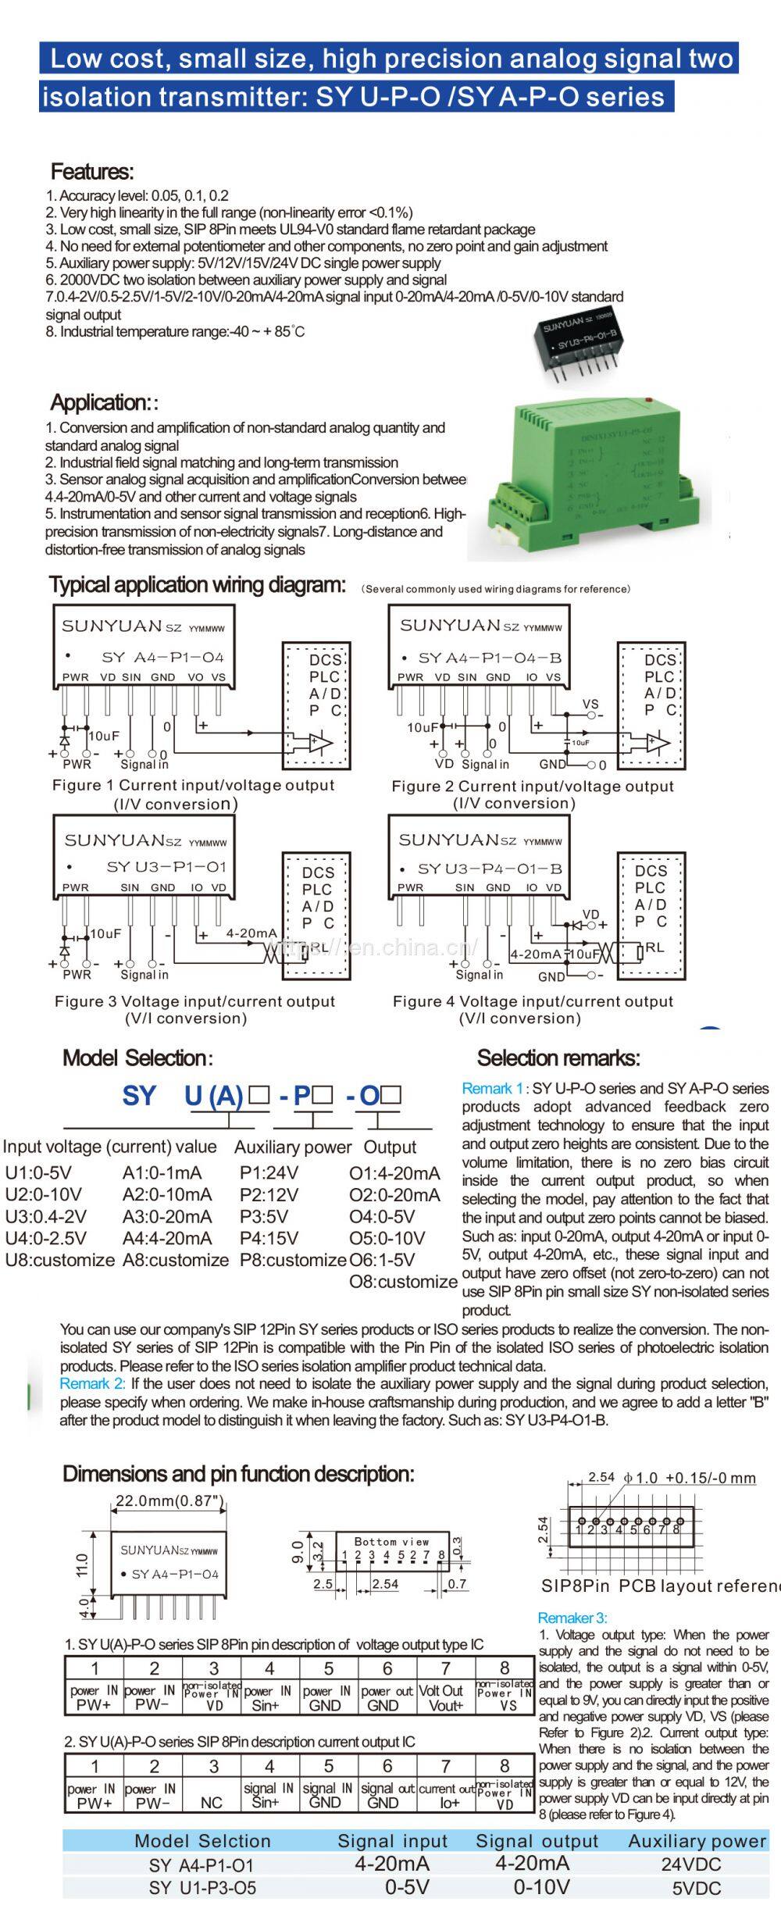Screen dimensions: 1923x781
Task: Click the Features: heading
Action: tap(92, 172)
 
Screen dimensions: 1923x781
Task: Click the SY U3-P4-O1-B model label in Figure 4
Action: tap(490, 869)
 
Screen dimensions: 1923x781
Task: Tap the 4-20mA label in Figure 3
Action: tap(251, 933)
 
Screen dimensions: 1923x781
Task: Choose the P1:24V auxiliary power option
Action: tap(269, 1172)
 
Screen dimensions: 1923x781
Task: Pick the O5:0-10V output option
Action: tap(387, 1238)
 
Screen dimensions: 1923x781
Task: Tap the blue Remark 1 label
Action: tap(492, 1088)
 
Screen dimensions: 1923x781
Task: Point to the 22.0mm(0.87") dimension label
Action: tap(170, 1500)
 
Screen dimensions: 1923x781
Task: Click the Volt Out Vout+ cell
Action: tap(446, 1698)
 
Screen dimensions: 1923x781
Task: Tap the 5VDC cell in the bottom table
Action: tap(697, 1889)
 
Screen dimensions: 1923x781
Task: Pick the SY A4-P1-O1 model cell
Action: tap(201, 1865)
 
